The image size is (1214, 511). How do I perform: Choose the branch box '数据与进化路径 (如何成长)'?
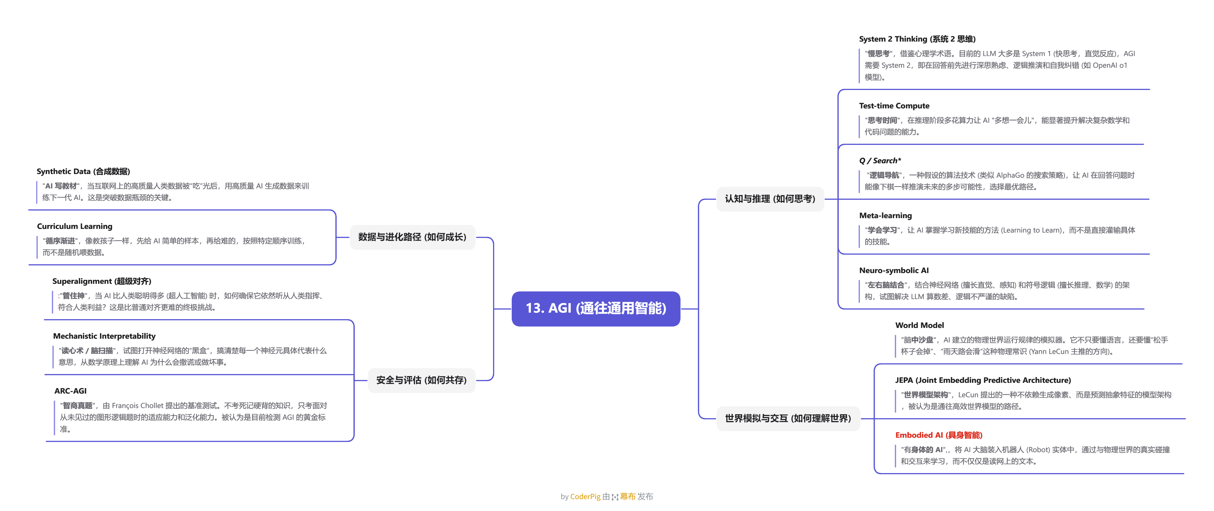[412, 237]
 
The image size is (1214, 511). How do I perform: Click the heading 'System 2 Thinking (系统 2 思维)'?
[917, 39]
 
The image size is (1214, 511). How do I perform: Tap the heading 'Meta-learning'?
[885, 216]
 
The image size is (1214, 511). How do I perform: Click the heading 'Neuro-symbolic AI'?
[893, 270]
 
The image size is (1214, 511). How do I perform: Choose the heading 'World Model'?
[919, 325]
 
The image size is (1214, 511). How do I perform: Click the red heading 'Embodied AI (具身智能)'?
[938, 435]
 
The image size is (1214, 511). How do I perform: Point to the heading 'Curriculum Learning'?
[74, 226]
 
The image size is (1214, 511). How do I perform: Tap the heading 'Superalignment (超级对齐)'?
[101, 281]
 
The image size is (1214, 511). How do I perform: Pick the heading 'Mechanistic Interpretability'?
[104, 336]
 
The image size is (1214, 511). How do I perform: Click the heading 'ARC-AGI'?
[70, 391]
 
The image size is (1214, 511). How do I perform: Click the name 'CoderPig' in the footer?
[585, 496]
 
